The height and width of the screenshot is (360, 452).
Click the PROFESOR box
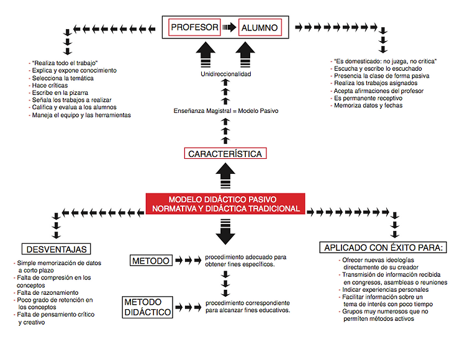194,27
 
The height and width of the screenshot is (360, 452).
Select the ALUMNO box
260,28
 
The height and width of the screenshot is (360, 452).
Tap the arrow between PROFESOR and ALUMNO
230,27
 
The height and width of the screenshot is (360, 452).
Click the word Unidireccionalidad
226,74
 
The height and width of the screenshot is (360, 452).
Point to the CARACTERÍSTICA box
225,153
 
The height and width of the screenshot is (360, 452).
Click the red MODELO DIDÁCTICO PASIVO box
225,204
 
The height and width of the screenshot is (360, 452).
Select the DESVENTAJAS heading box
56,249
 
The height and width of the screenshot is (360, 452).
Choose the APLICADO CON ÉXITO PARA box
383,247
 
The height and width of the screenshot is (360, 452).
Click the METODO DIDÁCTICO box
147,307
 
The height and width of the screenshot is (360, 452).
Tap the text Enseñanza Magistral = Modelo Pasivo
226,111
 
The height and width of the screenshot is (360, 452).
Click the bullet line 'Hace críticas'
48,85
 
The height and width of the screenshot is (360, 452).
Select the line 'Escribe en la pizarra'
58,93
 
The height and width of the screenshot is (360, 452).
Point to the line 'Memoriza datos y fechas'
366,106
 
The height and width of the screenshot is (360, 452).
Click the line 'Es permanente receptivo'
366,98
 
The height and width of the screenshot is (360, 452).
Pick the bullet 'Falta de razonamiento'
46,292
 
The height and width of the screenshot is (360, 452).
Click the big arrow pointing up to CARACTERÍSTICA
225,176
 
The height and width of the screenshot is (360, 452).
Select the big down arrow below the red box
225,232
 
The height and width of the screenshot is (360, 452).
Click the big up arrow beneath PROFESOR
206,55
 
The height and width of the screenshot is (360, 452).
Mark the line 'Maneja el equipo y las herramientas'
79,115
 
